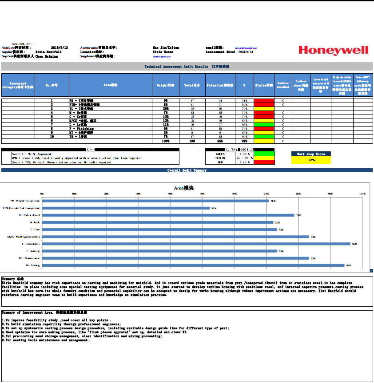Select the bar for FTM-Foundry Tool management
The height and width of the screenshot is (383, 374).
point(126,208)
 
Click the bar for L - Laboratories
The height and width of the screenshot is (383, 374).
point(196,244)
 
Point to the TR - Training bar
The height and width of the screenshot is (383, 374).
point(193,265)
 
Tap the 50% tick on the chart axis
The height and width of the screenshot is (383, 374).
point(202,193)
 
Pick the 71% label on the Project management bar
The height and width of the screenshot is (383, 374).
point(272,201)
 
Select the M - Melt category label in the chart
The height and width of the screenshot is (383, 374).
point(35,222)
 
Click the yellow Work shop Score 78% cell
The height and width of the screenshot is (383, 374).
point(311,160)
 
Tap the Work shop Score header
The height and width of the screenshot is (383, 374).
point(311,154)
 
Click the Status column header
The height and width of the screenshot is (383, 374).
point(264,84)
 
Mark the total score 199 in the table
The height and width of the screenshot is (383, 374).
point(192,141)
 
